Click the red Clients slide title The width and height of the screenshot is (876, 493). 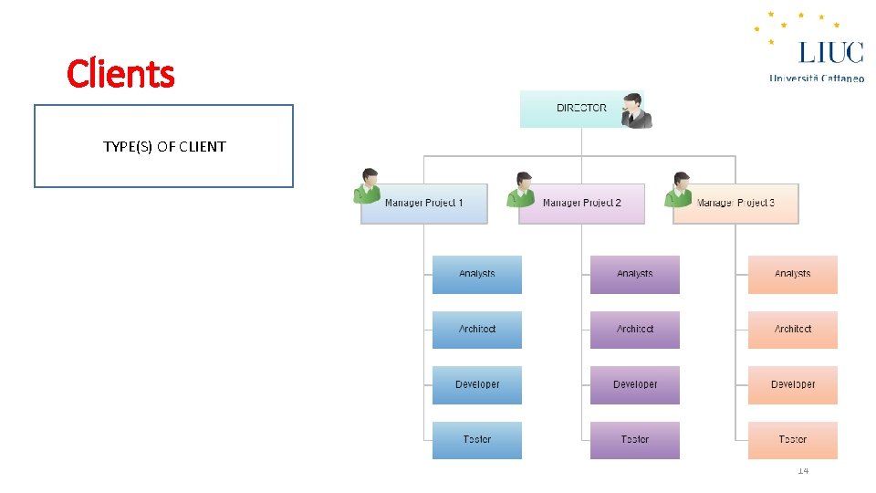pyautogui.click(x=120, y=73)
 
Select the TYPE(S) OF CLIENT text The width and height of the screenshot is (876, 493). pyautogui.click(x=164, y=146)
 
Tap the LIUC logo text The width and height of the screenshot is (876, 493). pyautogui.click(x=830, y=51)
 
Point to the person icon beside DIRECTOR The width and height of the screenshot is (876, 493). pyautogui.click(x=635, y=110)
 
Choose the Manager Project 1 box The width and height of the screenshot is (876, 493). pyautogui.click(x=424, y=203)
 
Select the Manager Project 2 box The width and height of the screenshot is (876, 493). pyautogui.click(x=581, y=203)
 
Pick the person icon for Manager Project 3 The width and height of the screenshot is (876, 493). pyautogui.click(x=680, y=189)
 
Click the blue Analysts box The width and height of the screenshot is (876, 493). pyautogui.click(x=477, y=274)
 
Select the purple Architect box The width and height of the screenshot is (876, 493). pyautogui.click(x=635, y=330)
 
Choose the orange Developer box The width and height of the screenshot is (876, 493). pyautogui.click(x=793, y=384)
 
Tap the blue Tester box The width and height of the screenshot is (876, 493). pyautogui.click(x=477, y=440)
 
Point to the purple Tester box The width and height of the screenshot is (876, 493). pyautogui.click(x=635, y=440)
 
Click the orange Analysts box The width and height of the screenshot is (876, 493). pyautogui.click(x=793, y=274)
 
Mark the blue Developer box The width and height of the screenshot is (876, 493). pyautogui.click(x=477, y=384)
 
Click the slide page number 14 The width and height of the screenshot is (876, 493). pyautogui.click(x=803, y=470)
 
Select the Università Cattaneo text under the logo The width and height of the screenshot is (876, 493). pyautogui.click(x=817, y=79)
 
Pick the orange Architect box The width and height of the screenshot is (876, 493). pyautogui.click(x=793, y=330)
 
